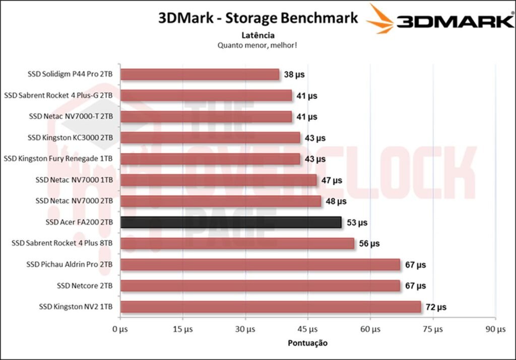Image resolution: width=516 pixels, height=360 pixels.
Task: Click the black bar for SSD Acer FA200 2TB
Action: (231, 222)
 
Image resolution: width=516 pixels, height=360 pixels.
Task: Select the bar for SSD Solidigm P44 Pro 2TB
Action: (200, 75)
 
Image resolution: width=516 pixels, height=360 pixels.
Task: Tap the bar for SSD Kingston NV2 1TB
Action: (271, 307)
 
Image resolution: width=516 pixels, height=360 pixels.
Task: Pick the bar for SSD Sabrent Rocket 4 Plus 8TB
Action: (237, 244)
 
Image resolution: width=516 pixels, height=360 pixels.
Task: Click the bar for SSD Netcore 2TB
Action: (260, 285)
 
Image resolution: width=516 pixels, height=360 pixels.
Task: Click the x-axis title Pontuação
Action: (307, 343)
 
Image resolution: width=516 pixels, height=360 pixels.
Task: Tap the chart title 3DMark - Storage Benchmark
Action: (258, 18)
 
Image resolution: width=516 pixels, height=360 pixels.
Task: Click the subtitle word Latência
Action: (258, 35)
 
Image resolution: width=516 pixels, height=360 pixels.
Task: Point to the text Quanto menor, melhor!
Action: (257, 45)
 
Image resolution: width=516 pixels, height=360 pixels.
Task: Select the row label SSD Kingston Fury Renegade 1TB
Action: (58, 159)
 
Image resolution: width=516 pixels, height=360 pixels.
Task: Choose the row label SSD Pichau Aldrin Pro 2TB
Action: (70, 264)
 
